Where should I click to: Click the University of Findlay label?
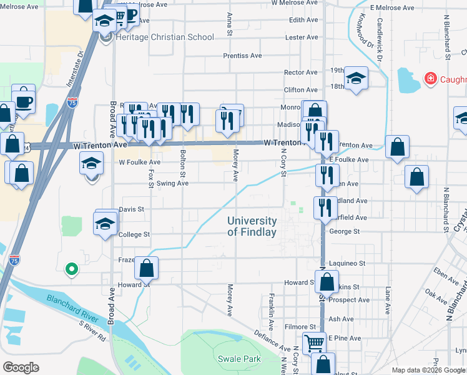coord(252,226)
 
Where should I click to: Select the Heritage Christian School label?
coord(165,37)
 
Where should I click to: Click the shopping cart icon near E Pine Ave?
coord(314,342)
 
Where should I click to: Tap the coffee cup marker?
coord(24,101)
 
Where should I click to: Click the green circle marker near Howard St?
coord(72,270)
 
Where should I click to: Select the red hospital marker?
coord(430,79)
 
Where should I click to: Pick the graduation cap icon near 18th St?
coord(355,77)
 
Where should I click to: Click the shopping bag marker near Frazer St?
coord(146,269)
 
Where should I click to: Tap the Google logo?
coord(21,367)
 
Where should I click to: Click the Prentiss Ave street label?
coord(242,56)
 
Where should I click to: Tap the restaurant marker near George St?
coord(323,207)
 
